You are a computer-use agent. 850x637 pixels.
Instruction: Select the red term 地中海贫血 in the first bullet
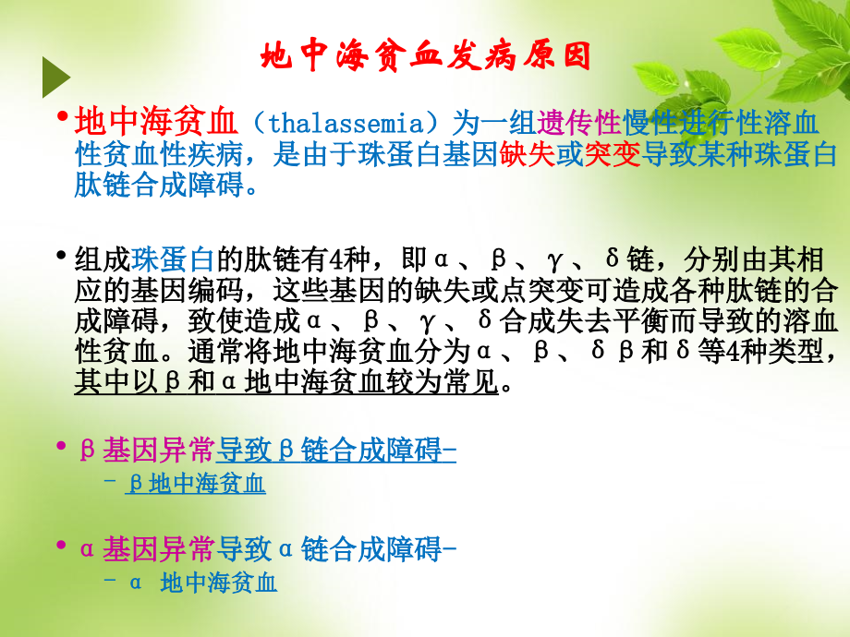pos(156,121)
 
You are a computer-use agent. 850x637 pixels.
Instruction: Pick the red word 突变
pos(612,153)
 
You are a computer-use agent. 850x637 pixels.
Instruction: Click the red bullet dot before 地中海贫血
pos(62,117)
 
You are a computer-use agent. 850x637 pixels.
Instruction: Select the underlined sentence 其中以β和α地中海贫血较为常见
pos(287,383)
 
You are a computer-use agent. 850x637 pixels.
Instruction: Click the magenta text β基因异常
pos(148,451)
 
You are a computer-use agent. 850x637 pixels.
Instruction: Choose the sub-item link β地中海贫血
pos(196,483)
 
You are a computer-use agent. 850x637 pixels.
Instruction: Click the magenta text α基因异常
pos(148,550)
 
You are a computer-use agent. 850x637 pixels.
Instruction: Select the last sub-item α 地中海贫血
pos(202,583)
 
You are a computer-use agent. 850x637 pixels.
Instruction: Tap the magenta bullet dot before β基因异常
pos(62,447)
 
